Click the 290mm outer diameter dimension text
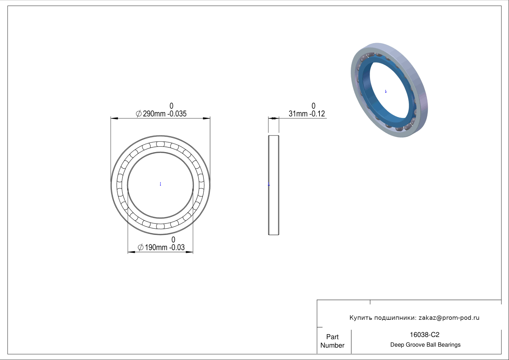click(x=161, y=113)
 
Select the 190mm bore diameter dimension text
click(x=161, y=247)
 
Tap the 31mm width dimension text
click(x=307, y=113)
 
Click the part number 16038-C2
click(x=424, y=335)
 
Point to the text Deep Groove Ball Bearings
click(x=425, y=345)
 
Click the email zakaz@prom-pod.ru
click(x=449, y=318)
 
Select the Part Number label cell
click(x=332, y=341)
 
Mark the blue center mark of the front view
click(x=160, y=184)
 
